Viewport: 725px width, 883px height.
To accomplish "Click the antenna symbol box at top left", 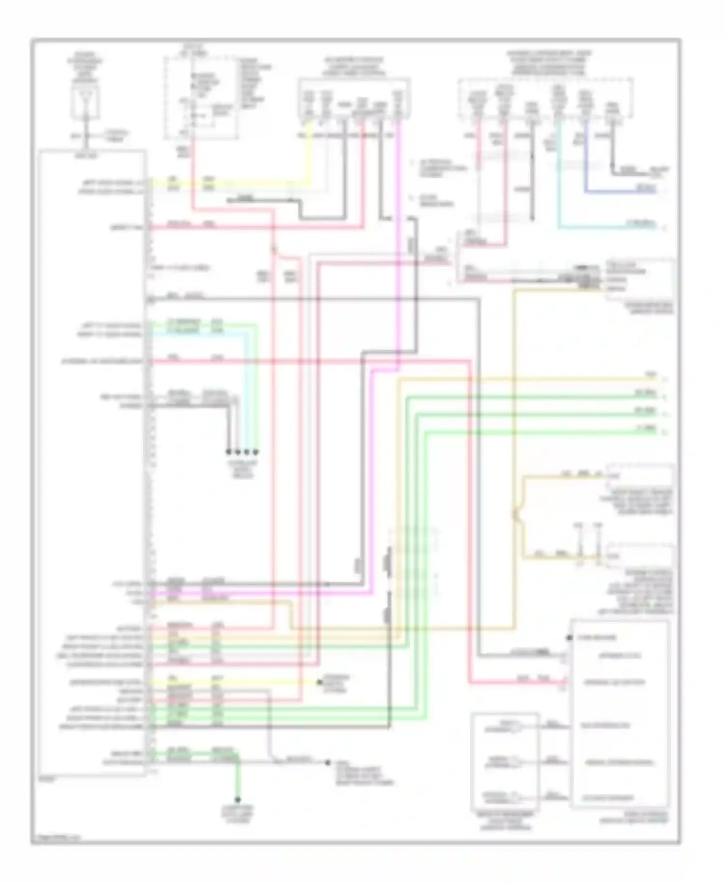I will point(86,102).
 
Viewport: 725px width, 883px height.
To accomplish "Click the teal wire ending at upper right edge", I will point(609,226).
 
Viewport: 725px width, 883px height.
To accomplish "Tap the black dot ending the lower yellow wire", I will point(319,683).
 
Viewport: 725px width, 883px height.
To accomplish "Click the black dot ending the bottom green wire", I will point(237,799).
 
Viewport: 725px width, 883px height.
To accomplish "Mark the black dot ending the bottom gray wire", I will point(327,763).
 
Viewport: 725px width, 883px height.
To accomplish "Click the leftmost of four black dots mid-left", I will point(228,452).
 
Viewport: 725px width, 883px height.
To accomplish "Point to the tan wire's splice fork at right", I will point(517,514).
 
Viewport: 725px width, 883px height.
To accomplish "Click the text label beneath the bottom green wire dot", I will point(237,814).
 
